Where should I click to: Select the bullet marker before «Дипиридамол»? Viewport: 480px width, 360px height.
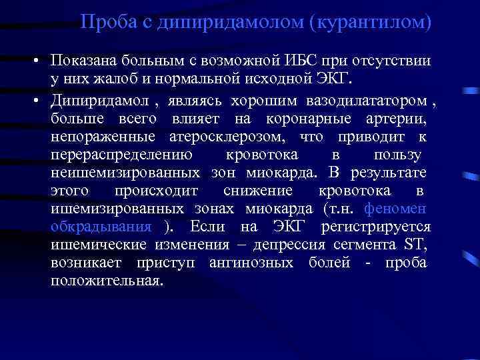pos(42,101)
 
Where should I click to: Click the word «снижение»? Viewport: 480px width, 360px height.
pos(258,191)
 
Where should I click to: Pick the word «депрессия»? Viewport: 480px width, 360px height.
pos(309,245)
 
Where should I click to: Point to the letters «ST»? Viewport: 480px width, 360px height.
pos(413,245)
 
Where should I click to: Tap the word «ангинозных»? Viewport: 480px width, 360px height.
pos(251,263)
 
